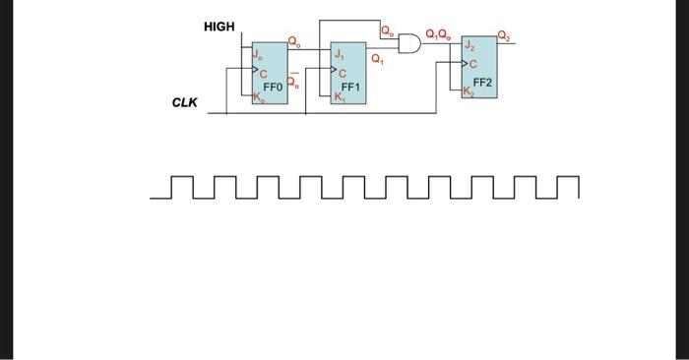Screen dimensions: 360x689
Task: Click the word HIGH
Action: pyautogui.click(x=219, y=27)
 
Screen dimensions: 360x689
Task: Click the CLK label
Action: pyautogui.click(x=184, y=101)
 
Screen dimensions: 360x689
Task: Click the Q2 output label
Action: pyautogui.click(x=505, y=37)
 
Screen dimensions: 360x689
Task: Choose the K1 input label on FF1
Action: pyautogui.click(x=340, y=97)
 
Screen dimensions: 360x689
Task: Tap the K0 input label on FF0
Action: pyautogui.click(x=258, y=97)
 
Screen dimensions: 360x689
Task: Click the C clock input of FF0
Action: pyautogui.click(x=263, y=74)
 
